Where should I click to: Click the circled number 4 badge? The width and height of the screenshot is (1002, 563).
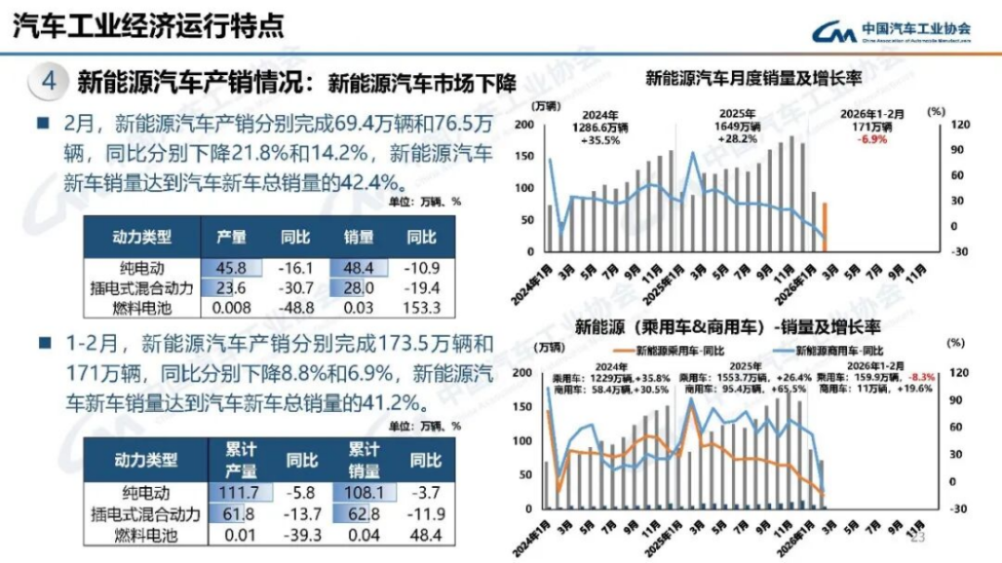[49, 82]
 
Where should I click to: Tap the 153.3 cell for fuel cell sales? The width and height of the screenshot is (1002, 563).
[421, 308]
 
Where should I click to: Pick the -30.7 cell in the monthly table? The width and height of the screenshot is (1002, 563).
[294, 288]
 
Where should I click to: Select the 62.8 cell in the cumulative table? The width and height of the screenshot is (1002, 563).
[363, 514]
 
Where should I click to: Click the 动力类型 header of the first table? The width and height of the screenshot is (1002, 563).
[141, 237]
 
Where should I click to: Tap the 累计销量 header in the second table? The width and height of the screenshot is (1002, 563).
[364, 459]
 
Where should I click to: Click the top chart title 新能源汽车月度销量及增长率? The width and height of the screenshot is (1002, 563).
[753, 79]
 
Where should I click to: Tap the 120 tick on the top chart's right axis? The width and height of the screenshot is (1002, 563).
[934, 124]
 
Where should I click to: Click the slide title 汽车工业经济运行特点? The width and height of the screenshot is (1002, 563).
[148, 26]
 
